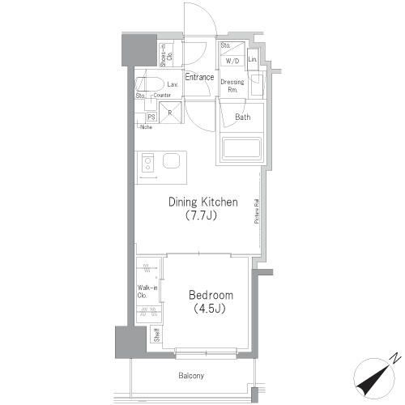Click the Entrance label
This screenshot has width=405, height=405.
198,78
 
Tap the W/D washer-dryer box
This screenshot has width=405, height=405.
232,61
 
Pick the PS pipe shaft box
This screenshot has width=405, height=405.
151,117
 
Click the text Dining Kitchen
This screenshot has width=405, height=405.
202,202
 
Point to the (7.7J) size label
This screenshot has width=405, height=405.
199,216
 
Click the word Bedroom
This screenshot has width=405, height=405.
211,295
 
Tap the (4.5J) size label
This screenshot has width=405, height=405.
209,309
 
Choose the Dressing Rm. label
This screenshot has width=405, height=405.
232,85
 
